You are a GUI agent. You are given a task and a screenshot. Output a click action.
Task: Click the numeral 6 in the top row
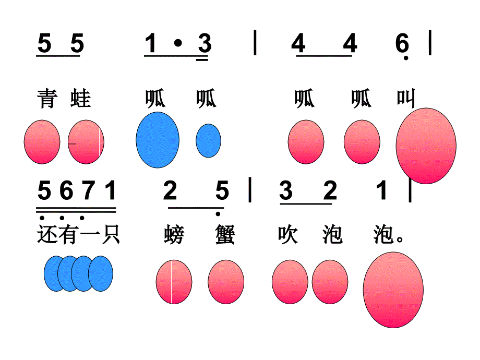pyautogui.click(x=402, y=43)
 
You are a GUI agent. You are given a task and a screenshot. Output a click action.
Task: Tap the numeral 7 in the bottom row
pyautogui.click(x=89, y=190)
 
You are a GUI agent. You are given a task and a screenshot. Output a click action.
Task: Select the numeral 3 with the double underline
pyautogui.click(x=205, y=43)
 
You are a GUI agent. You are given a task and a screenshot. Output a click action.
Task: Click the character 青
pyautogui.click(x=47, y=98)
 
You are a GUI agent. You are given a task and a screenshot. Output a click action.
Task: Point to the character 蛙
pyautogui.click(x=80, y=98)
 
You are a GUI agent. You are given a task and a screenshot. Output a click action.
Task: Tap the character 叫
pyautogui.click(x=406, y=98)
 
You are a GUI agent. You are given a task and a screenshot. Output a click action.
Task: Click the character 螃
pyautogui.click(x=174, y=234)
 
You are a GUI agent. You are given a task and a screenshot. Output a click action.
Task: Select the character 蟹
pyautogui.click(x=225, y=234)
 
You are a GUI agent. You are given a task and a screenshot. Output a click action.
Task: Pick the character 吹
pyautogui.click(x=288, y=234)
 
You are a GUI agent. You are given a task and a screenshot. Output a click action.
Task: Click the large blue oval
pyautogui.click(x=158, y=140)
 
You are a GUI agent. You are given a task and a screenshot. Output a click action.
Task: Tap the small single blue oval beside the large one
pyautogui.click(x=208, y=140)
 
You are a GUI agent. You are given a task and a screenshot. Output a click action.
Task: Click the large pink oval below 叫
pyautogui.click(x=426, y=146)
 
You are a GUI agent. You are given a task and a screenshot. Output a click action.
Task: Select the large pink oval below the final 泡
pyautogui.click(x=393, y=290)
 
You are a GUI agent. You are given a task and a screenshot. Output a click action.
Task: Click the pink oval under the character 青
pyautogui.click(x=42, y=142)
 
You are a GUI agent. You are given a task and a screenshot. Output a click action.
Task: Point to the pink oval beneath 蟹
pyautogui.click(x=226, y=282)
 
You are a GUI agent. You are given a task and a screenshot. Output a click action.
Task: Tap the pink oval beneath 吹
pyautogui.click(x=290, y=282)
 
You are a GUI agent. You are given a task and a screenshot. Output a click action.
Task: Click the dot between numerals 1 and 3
pyautogui.click(x=178, y=43)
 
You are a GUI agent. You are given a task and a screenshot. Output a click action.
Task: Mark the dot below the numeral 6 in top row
pyautogui.click(x=406, y=58)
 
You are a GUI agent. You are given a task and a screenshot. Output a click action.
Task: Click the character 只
pyautogui.click(x=110, y=234)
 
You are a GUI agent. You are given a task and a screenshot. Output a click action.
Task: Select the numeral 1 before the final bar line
pyautogui.click(x=382, y=190)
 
